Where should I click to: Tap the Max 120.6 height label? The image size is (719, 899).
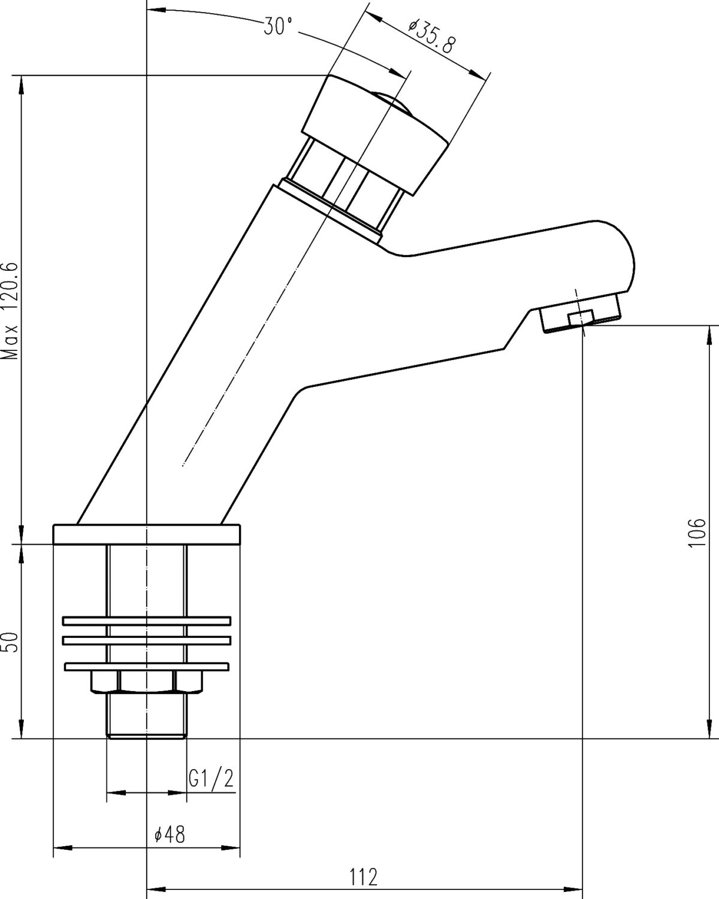[x=10, y=311]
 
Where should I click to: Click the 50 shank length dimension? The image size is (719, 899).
[x=11, y=642]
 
